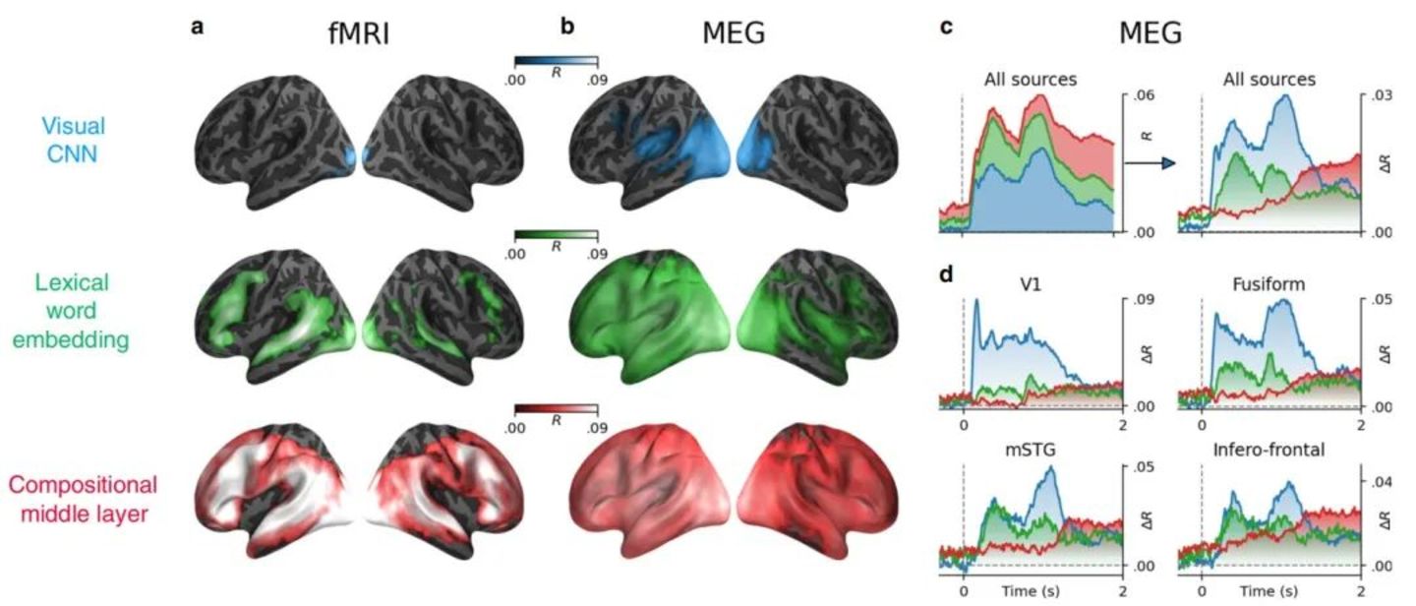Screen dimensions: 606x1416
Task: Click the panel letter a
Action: [x=198, y=28]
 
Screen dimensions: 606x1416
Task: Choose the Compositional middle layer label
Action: [x=84, y=499]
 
